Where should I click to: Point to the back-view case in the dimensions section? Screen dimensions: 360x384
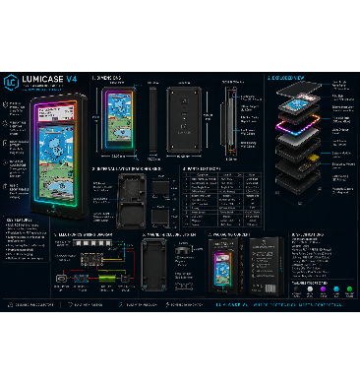pyautogui.click(x=184, y=122)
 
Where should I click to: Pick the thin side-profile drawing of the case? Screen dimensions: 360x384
pyautogui.click(x=229, y=122)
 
